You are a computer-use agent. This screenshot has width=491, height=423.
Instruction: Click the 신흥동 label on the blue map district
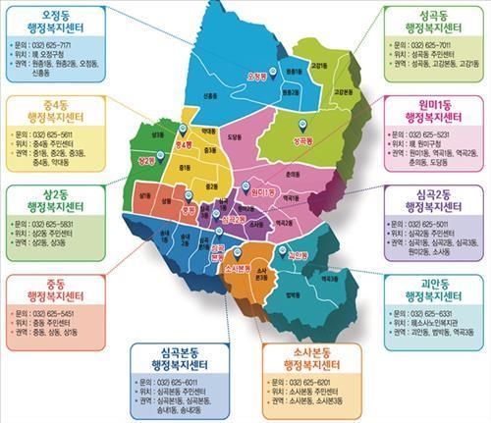pos(209,95)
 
